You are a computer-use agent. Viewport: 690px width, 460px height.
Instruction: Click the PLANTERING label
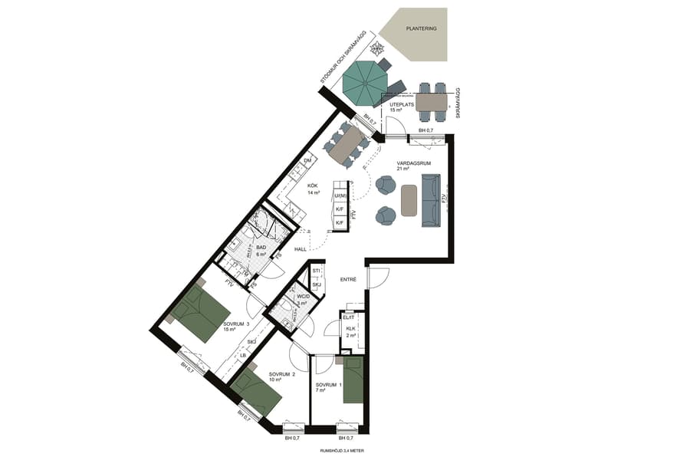click(422, 28)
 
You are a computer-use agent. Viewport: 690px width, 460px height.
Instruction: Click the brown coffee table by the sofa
click(409, 200)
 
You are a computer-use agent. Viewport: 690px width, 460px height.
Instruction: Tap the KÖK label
click(314, 186)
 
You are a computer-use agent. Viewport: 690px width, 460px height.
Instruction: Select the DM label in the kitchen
click(307, 160)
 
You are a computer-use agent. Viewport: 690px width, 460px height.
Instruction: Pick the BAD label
click(261, 248)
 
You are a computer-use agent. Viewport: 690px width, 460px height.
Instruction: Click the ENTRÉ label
click(349, 279)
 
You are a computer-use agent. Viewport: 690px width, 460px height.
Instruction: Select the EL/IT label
click(349, 317)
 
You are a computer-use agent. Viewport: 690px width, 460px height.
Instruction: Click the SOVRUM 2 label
click(282, 376)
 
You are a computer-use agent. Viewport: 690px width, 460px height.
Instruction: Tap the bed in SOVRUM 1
click(353, 379)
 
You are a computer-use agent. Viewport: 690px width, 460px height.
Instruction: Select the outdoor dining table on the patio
click(432, 102)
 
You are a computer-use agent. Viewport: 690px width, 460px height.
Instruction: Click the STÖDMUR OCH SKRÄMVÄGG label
click(346, 58)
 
